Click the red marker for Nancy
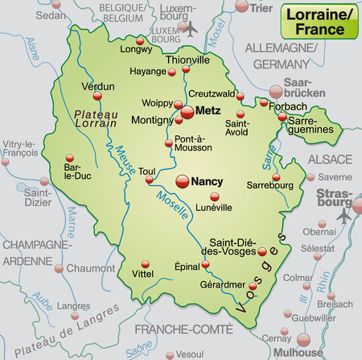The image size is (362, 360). (182, 180)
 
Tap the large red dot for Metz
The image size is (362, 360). (187, 112)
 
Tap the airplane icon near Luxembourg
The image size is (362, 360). (191, 29)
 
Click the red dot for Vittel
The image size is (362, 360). (146, 263)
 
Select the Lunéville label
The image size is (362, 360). (213, 207)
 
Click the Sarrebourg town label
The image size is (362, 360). (269, 194)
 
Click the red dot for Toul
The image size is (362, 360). (149, 180)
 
